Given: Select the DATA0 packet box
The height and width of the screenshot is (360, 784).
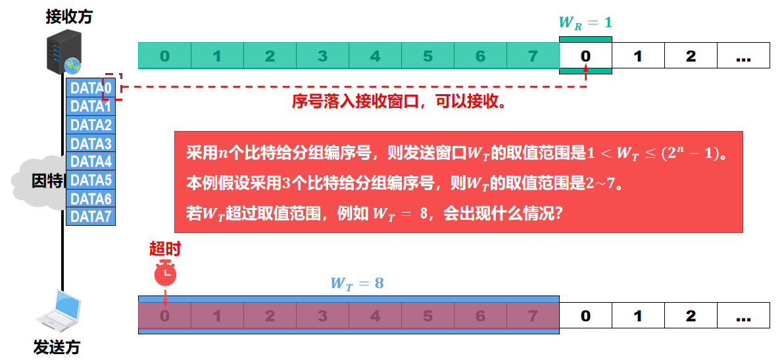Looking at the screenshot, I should pyautogui.click(x=91, y=88).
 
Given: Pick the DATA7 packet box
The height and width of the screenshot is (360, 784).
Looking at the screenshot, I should pyautogui.click(x=91, y=217).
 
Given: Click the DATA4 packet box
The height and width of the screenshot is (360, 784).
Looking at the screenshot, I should pyautogui.click(x=91, y=161).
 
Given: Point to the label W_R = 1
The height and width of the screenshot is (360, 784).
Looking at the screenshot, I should pyautogui.click(x=585, y=22).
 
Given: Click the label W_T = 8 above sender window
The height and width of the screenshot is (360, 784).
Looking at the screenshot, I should pyautogui.click(x=357, y=284).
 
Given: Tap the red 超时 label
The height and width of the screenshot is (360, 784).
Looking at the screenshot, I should pyautogui.click(x=164, y=249).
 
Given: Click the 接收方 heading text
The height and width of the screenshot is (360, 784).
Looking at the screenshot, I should pyautogui.click(x=69, y=17).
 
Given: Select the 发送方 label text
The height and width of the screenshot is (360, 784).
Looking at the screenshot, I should pyautogui.click(x=57, y=347).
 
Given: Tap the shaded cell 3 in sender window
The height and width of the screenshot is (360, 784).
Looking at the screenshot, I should pyautogui.click(x=322, y=317).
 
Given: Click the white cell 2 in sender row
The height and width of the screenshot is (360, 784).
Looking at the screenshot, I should pyautogui.click(x=691, y=317).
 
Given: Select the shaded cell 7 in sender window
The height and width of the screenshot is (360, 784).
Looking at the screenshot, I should pyautogui.click(x=533, y=317).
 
